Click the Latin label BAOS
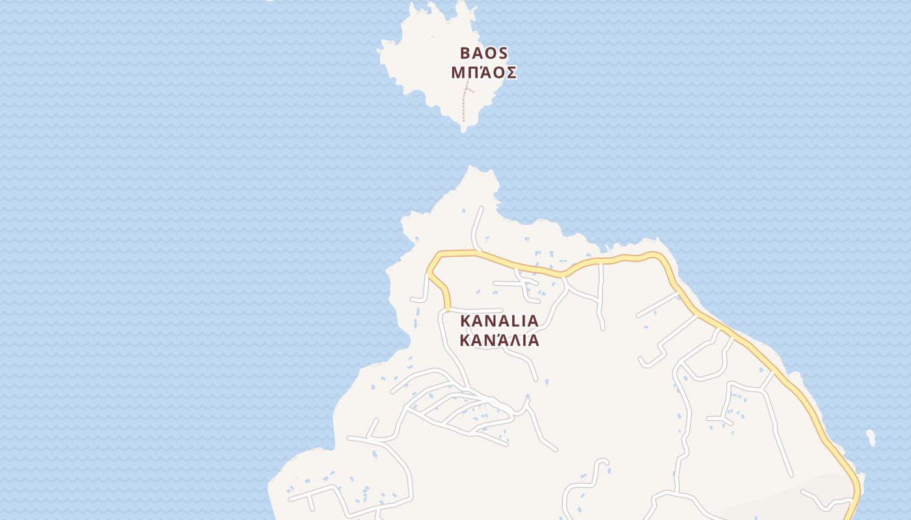(483, 53)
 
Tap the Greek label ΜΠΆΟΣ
(483, 73)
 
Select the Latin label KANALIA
(499, 321)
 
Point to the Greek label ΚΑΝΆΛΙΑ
(499, 341)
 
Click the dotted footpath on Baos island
(463, 107)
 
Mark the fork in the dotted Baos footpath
(467, 88)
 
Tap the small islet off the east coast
(871, 438)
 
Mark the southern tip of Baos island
(463, 131)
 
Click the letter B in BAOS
(465, 53)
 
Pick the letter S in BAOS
(503, 53)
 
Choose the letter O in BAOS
(490, 53)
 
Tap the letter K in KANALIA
(465, 321)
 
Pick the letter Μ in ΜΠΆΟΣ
(457, 73)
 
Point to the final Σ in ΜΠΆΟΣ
(511, 73)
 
